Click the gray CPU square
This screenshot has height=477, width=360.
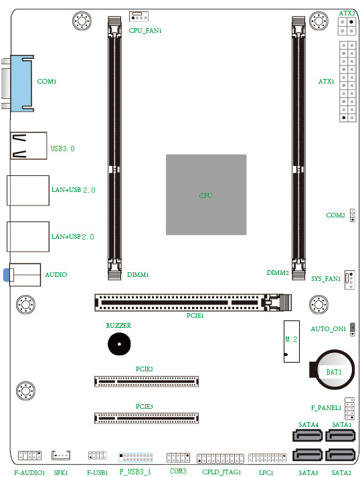point(205,195)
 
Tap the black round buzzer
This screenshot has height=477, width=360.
point(118,345)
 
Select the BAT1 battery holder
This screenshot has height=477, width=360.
point(333,369)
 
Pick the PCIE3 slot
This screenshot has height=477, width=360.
point(147,418)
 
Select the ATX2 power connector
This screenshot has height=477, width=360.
point(346,26)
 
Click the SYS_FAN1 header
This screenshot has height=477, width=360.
point(350,279)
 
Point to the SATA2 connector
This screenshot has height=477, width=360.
point(341,456)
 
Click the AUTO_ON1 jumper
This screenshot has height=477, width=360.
point(353,328)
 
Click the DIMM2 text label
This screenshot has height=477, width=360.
point(277,273)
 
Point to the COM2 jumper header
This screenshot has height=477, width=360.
point(352,215)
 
